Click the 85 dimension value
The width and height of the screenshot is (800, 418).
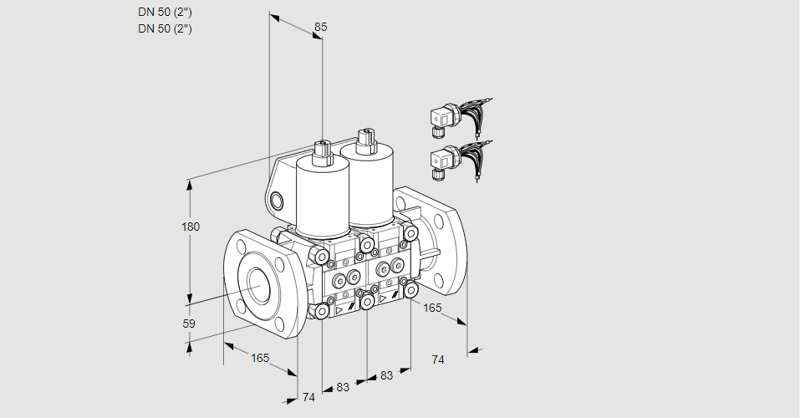point(320,27)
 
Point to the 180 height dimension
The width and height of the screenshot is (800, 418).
point(191,227)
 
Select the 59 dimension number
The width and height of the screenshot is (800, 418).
point(189,324)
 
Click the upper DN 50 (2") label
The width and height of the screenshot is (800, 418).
point(165,13)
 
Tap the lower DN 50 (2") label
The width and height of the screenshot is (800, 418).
point(165,28)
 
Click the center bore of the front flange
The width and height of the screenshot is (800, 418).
point(261,283)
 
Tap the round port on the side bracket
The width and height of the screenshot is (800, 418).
point(277,201)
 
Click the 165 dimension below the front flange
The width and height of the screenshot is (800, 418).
point(260,359)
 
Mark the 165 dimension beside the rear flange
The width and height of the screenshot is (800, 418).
point(432,308)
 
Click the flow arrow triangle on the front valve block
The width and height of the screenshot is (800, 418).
point(339,309)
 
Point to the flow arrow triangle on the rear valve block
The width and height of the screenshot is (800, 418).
point(383,298)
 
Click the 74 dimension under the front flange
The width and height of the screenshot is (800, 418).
point(308,397)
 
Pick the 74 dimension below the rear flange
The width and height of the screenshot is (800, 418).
point(438,359)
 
